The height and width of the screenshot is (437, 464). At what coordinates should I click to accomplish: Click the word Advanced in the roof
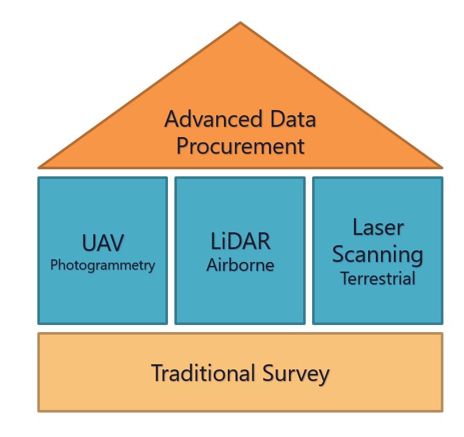214,119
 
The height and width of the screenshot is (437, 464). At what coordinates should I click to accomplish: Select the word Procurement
241,146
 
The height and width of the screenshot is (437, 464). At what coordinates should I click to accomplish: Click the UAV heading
103,243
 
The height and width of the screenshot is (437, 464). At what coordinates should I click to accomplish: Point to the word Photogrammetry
103,265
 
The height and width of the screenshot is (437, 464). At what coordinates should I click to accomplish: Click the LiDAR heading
240,241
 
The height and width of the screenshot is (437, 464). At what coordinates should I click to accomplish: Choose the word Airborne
240,265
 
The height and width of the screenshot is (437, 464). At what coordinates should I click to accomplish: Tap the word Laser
378,228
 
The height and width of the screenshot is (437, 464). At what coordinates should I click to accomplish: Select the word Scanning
378,255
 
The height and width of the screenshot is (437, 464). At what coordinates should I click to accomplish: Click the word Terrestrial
378,279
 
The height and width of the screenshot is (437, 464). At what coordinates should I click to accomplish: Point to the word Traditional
203,373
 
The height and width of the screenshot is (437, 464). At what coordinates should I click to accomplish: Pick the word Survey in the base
296,375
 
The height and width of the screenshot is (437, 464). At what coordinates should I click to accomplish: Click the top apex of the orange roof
240,22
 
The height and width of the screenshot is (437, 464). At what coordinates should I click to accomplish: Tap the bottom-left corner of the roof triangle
39,168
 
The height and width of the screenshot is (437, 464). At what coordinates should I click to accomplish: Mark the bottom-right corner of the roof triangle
442,168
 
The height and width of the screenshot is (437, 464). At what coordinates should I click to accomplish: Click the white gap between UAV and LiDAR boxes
171,250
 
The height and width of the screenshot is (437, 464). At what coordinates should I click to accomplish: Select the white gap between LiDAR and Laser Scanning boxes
309,250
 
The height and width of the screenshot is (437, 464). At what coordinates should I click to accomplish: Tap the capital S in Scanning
339,254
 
